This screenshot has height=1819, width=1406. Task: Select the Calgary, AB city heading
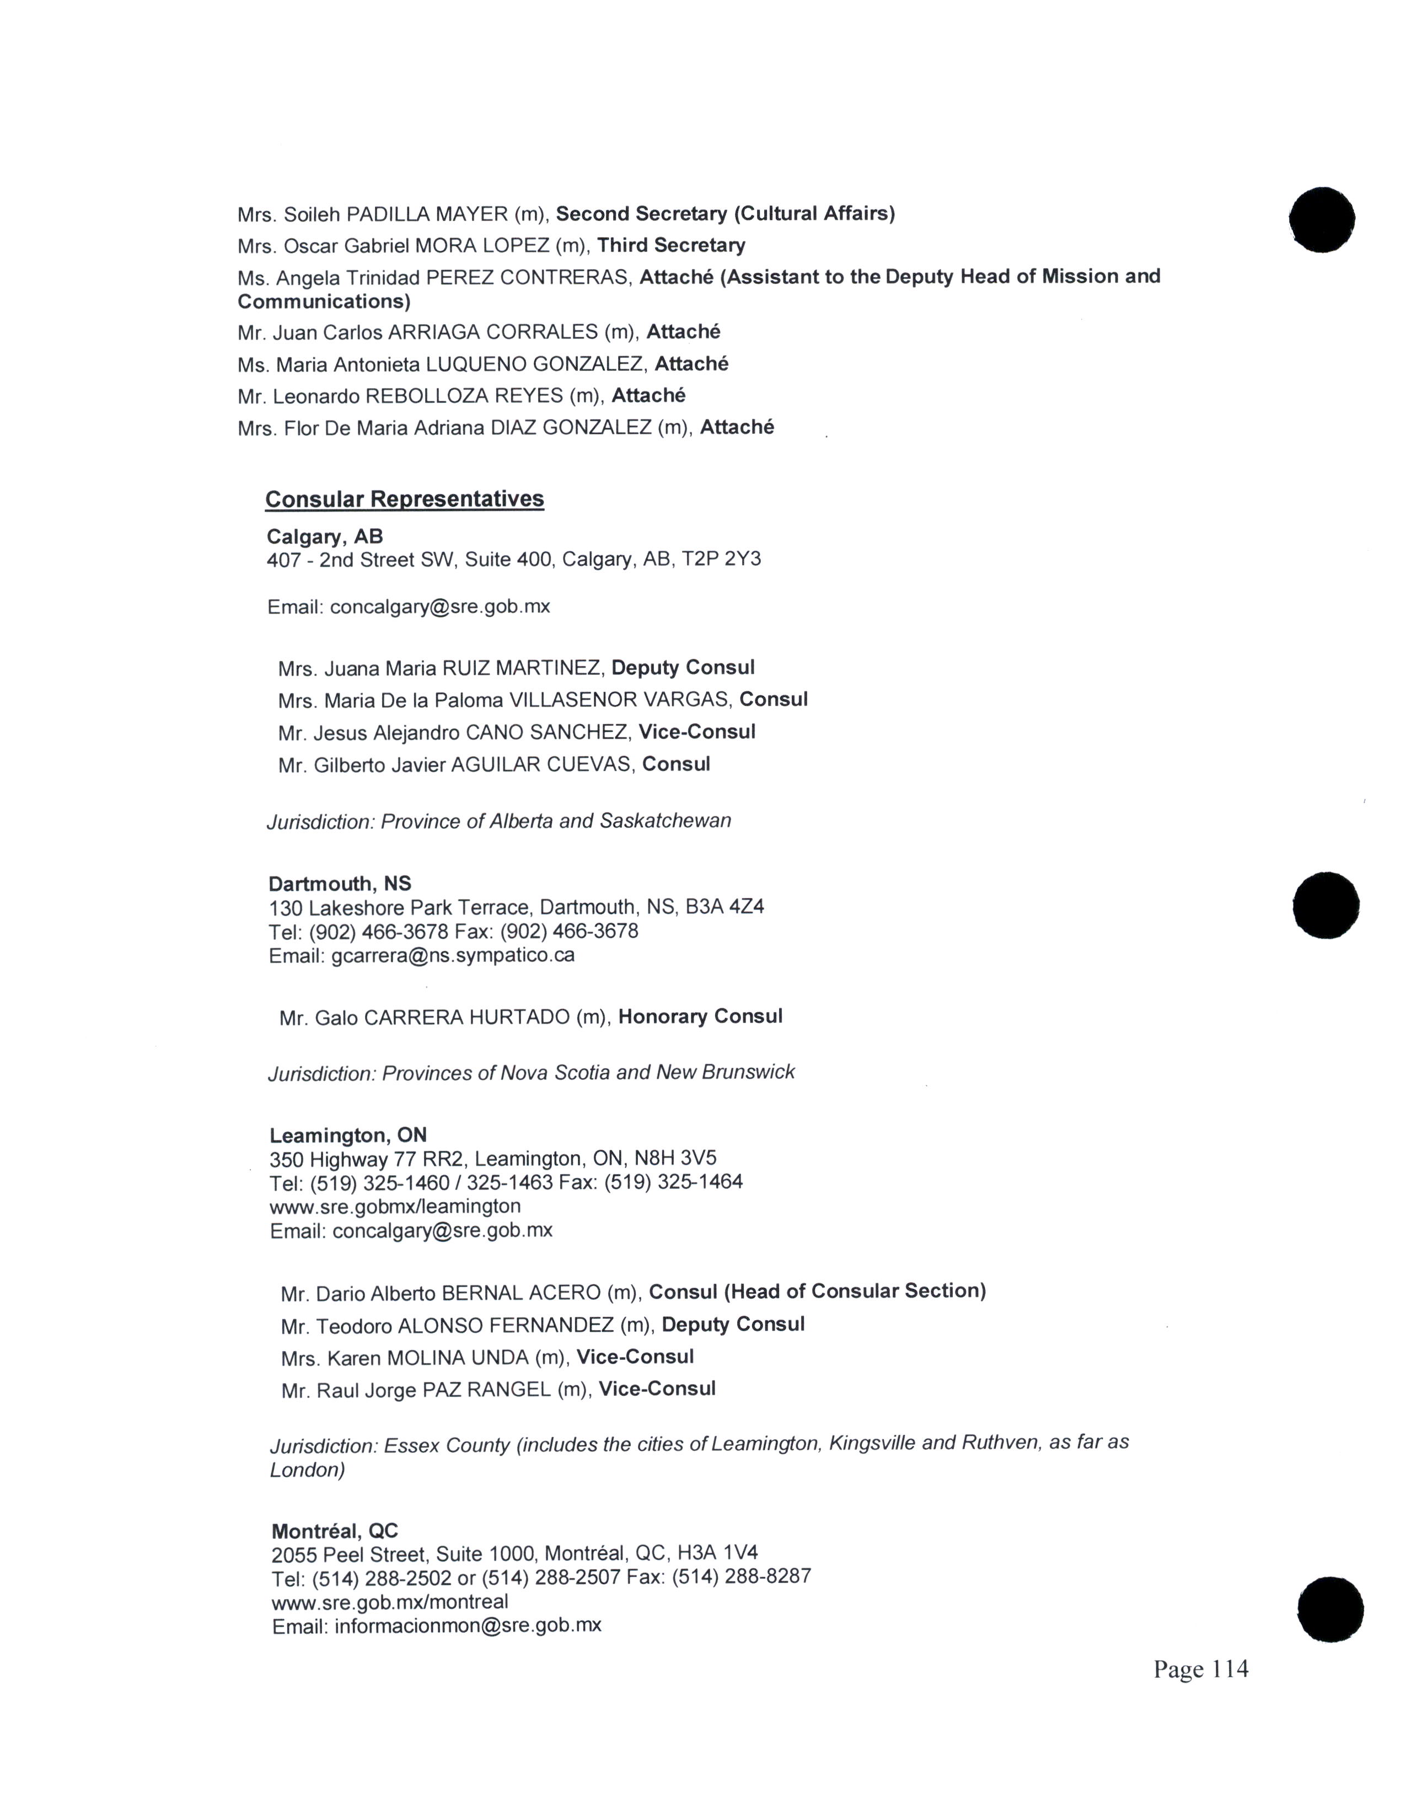[325, 536]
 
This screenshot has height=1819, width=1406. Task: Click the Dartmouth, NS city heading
[340, 884]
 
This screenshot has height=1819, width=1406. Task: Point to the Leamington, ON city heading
[348, 1135]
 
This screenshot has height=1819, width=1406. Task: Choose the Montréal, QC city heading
[335, 1531]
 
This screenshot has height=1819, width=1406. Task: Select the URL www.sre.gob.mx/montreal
[390, 1602]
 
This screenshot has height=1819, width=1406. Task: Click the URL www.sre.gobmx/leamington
[396, 1206]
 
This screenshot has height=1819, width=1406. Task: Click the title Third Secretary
[672, 245]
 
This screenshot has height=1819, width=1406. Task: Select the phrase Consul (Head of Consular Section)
[817, 1292]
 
